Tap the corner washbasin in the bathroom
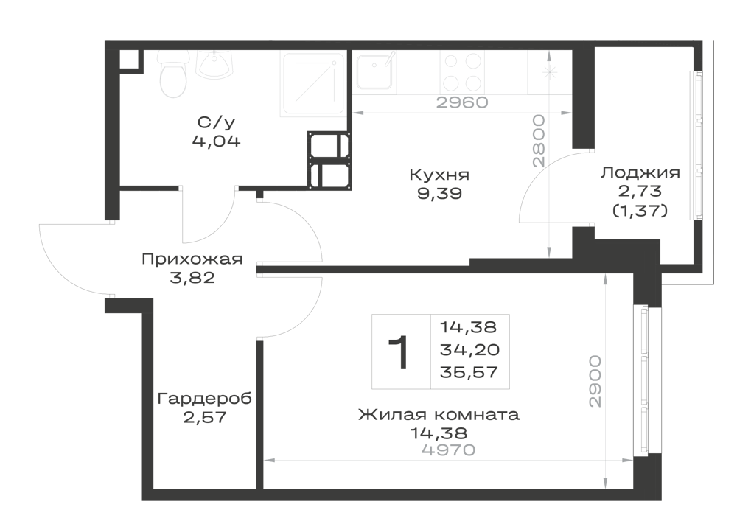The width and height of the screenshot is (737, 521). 214,65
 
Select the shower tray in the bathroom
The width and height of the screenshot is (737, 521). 312,83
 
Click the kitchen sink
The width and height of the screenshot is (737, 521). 374,72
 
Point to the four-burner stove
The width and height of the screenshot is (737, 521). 462,73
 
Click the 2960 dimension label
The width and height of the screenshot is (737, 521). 462,102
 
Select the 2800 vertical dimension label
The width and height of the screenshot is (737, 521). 539,141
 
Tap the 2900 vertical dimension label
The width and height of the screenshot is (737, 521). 595,381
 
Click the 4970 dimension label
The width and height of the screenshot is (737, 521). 449,450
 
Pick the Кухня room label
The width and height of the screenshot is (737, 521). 439,175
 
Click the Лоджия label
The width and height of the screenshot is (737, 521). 640,173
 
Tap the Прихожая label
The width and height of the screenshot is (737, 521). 192,259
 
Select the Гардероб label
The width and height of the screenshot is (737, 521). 204,399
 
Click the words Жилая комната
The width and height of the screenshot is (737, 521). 439,415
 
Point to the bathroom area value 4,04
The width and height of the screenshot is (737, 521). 216,141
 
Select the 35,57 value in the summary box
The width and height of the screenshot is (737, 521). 469,373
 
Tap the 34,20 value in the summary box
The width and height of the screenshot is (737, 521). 469,349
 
